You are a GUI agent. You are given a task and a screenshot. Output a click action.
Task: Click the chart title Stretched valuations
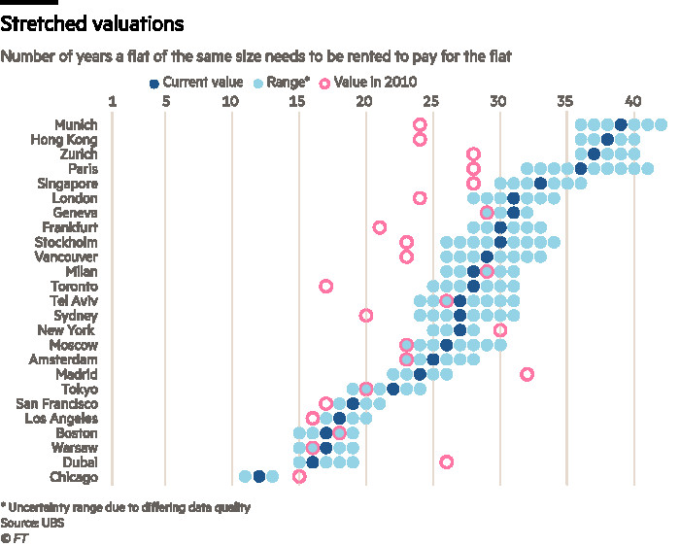tap(93, 21)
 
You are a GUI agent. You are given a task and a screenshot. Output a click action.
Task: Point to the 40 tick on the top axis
tap(633, 101)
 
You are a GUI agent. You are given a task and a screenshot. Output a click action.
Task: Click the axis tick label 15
tap(298, 101)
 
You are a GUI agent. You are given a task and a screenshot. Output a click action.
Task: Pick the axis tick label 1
tap(113, 101)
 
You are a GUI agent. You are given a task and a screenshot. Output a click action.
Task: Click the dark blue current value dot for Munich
tap(621, 124)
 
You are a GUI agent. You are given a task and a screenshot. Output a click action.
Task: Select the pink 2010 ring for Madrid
tap(527, 374)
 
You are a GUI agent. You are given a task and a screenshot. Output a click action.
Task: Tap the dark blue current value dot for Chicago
tap(259, 476)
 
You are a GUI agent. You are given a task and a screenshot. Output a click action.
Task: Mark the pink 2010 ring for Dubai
tap(446, 461)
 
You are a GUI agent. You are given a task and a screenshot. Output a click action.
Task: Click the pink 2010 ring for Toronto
tap(326, 286)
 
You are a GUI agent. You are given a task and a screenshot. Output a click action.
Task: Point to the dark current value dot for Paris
tap(581, 168)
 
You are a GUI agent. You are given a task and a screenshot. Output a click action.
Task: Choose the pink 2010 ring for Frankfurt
tap(379, 227)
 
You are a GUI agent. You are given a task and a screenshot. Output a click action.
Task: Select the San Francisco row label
tap(57, 403)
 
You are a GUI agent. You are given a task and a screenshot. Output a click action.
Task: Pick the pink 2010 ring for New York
tap(499, 330)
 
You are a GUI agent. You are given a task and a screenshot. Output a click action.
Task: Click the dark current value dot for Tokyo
tap(392, 389)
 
